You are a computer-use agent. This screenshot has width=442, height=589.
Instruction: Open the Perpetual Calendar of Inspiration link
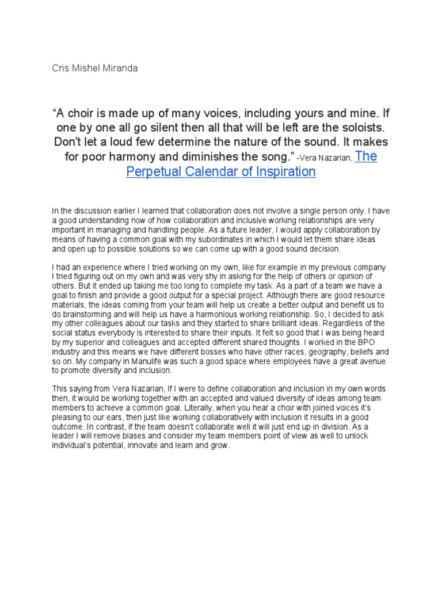221,171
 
